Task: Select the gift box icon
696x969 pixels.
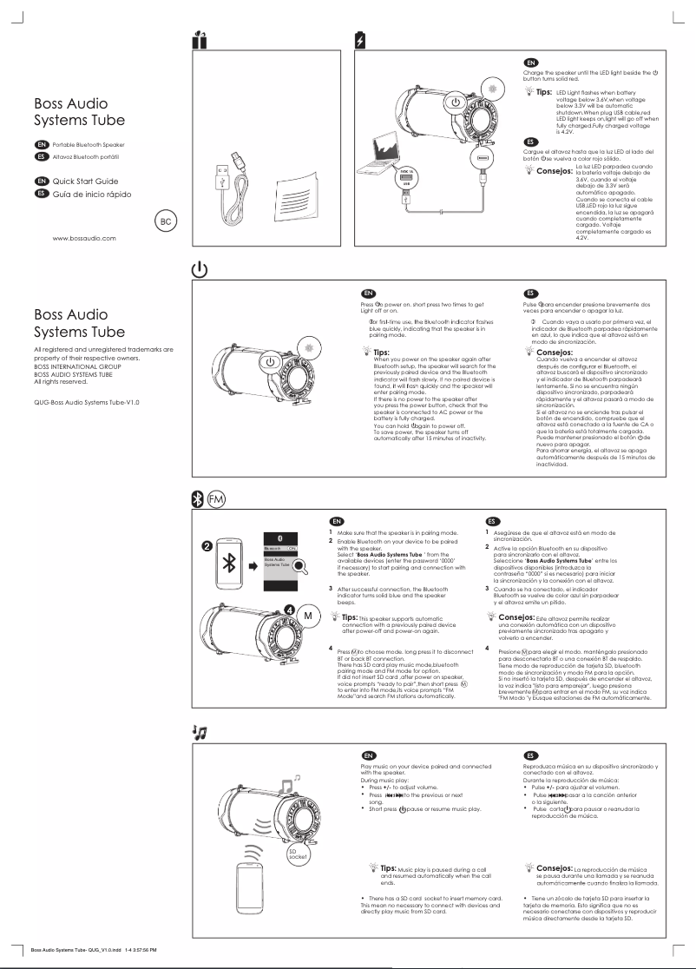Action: coord(199,39)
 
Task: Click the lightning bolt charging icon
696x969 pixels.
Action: coord(361,40)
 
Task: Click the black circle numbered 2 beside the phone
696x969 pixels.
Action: coord(207,546)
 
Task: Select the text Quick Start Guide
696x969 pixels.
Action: coord(85,181)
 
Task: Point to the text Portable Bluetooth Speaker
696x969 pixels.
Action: coord(89,144)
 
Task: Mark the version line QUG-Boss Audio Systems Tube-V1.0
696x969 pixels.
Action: coord(86,402)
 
